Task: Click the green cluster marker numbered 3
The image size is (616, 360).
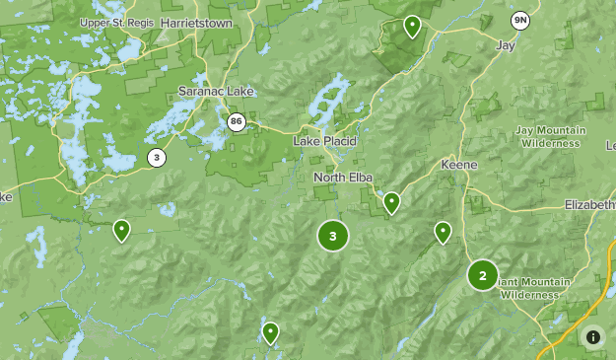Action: [333, 236]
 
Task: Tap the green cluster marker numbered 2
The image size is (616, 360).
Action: [482, 275]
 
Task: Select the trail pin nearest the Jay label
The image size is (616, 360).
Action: [412, 27]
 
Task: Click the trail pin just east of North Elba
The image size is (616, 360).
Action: [391, 202]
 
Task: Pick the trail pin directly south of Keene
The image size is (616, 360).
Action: [443, 232]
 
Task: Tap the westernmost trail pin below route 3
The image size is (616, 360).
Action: [121, 230]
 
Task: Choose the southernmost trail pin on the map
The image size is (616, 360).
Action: [270, 332]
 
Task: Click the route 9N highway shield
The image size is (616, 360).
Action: [519, 20]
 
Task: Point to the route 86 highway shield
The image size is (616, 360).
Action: [235, 122]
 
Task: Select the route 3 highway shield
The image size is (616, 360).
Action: [156, 157]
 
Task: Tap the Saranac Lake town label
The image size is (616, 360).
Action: [216, 92]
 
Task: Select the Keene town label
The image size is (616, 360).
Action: [459, 164]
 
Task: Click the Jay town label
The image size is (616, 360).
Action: [505, 45]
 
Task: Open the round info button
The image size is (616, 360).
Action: [592, 337]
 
